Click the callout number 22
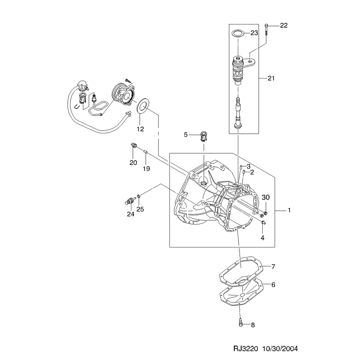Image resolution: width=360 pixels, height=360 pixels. click(x=284, y=25)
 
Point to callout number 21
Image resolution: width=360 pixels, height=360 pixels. click(x=271, y=78)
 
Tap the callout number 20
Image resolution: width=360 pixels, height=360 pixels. click(x=133, y=163)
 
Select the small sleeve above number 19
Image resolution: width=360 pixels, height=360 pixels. click(x=145, y=151)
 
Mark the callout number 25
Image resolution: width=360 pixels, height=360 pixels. click(x=140, y=209)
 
